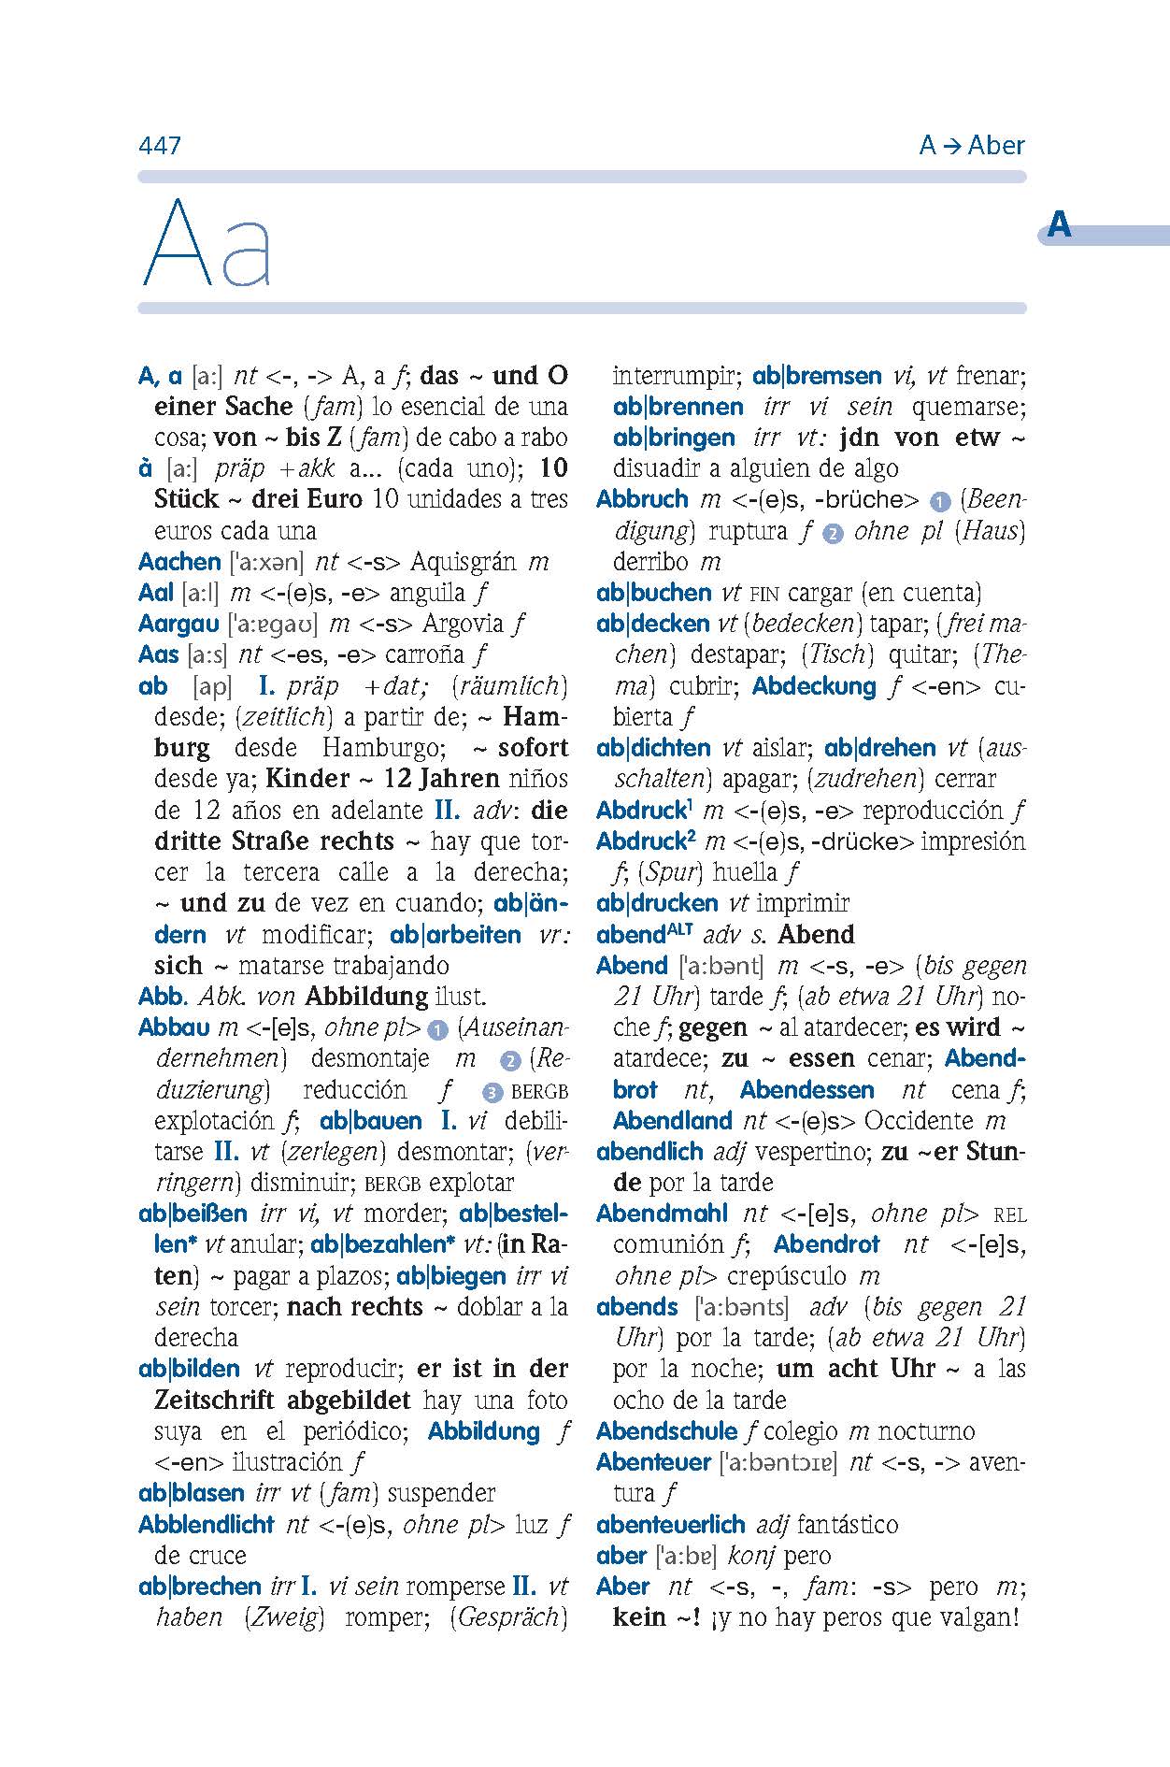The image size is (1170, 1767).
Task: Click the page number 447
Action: click(x=159, y=146)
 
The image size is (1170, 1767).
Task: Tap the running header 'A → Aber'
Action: click(x=971, y=146)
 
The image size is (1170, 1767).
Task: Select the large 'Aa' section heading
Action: click(x=207, y=244)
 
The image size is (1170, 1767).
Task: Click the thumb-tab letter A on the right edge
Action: click(x=1059, y=225)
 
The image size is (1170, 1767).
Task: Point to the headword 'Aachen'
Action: click(x=179, y=562)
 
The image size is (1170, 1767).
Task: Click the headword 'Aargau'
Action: click(x=178, y=624)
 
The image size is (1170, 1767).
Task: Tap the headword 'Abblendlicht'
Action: click(x=206, y=1525)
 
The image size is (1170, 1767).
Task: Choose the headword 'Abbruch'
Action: click(x=642, y=499)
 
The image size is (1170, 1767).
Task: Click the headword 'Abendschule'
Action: click(x=666, y=1431)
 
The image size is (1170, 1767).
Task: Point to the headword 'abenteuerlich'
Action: click(x=670, y=1525)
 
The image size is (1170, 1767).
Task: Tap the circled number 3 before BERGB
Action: click(x=493, y=1092)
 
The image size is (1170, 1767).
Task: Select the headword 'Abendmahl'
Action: click(x=662, y=1214)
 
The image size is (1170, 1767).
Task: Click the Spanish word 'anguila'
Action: click(x=427, y=593)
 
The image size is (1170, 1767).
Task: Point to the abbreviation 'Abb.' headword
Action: click(x=164, y=997)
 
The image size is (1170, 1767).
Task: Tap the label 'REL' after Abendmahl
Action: click(x=1009, y=1215)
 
